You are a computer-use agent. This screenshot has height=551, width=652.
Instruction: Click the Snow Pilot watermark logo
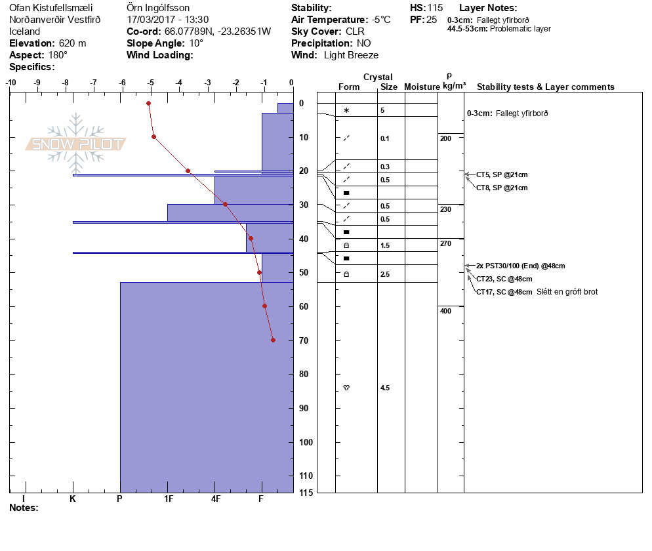pyautogui.click(x=76, y=144)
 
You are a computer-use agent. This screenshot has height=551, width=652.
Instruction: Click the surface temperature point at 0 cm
pyautogui.click(x=149, y=103)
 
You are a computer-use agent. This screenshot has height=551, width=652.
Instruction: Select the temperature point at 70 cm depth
pyautogui.click(x=273, y=340)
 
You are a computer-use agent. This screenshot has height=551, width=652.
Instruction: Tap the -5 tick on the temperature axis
pyautogui.click(x=151, y=83)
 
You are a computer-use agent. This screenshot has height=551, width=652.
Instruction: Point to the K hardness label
pyautogui.click(x=73, y=499)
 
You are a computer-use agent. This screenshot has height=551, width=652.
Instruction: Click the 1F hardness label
pyautogui.click(x=169, y=499)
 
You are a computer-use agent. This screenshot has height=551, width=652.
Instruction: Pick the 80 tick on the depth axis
pyautogui.click(x=304, y=374)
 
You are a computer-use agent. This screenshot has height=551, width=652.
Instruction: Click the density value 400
pyautogui.click(x=446, y=311)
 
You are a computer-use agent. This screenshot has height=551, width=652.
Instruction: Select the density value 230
pyautogui.click(x=446, y=209)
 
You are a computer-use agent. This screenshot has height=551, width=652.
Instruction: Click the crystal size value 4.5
pyautogui.click(x=385, y=388)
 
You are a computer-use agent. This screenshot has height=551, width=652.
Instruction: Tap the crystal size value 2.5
pyautogui.click(x=385, y=274)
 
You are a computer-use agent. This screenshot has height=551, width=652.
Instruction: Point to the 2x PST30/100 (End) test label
pyautogui.click(x=520, y=266)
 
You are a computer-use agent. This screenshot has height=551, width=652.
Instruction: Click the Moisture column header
pyautogui.click(x=421, y=87)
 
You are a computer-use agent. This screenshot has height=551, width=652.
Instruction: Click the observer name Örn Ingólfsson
pyautogui.click(x=158, y=8)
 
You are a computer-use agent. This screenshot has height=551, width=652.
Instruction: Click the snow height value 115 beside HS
pyautogui.click(x=435, y=8)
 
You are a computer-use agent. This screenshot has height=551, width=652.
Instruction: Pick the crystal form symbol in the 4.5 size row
pyautogui.click(x=346, y=388)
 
